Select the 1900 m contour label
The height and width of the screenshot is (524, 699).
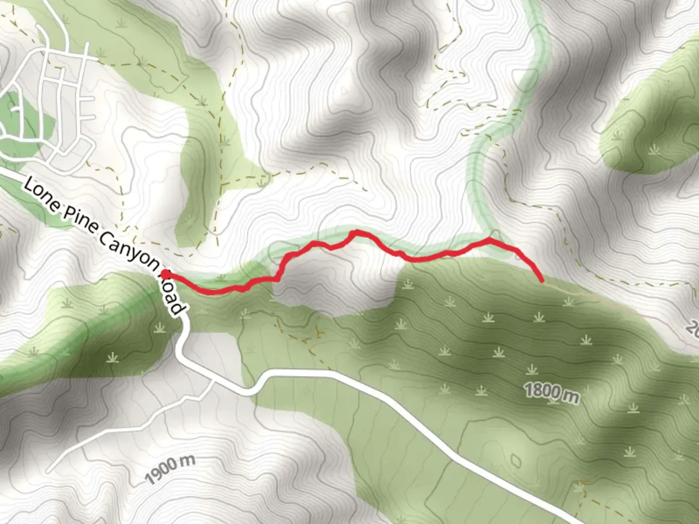(170, 469)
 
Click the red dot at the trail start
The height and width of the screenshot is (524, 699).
(166, 275)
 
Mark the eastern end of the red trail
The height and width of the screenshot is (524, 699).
(541, 280)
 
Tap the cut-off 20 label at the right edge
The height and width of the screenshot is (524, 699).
(693, 329)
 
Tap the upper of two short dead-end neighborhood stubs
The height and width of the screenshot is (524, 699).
(89, 99)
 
